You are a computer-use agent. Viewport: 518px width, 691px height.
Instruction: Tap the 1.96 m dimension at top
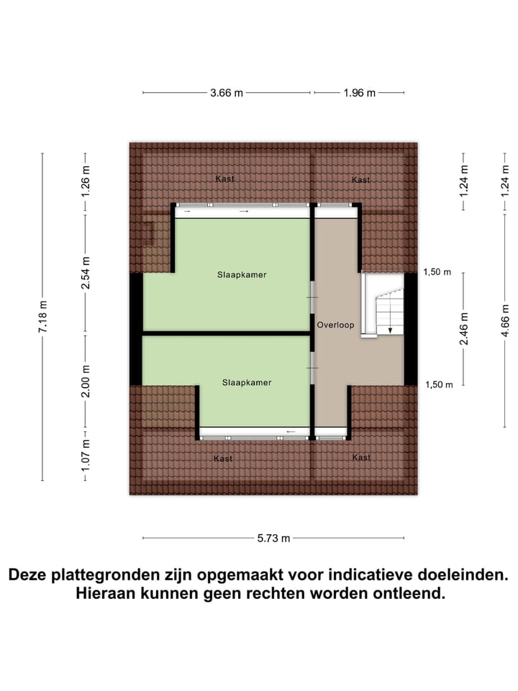click(360, 93)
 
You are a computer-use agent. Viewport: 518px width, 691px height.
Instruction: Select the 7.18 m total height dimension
click(43, 317)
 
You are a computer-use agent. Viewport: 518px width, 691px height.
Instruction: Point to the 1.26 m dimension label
click(86, 182)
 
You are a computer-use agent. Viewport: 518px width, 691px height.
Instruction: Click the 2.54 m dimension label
click(86, 274)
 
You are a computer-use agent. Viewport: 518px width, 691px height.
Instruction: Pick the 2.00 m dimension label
click(86, 382)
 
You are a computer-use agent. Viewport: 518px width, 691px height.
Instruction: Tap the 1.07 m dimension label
click(86, 455)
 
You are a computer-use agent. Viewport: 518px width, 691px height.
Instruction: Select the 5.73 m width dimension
click(274, 538)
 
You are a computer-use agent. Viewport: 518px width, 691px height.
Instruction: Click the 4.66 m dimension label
click(506, 318)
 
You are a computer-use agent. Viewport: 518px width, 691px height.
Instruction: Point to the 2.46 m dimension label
click(464, 328)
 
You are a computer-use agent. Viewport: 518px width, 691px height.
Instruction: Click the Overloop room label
click(336, 325)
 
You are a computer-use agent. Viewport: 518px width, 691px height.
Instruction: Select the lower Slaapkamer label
click(247, 382)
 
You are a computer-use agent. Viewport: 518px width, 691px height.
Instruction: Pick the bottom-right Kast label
click(361, 457)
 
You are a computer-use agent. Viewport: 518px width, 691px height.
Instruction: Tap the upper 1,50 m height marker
click(438, 272)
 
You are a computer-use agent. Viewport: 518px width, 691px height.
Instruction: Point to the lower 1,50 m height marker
click(438, 385)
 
